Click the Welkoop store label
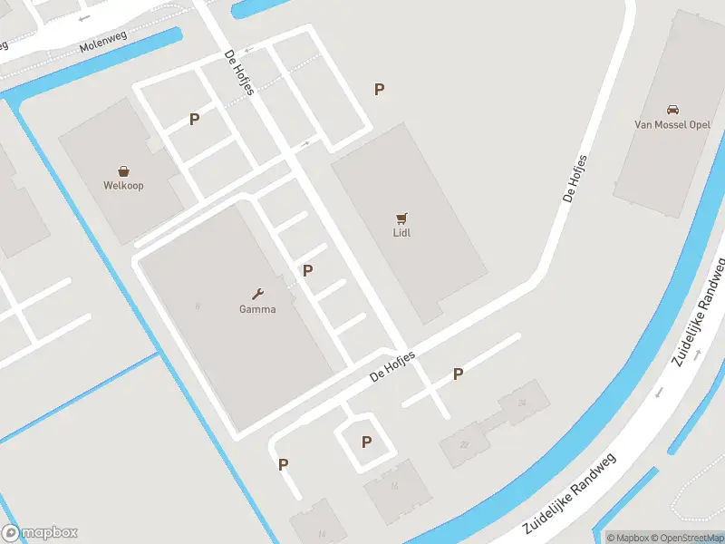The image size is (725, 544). coord(123,185)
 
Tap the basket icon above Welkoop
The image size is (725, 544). coord(123,170)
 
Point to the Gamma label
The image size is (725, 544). coord(257,308)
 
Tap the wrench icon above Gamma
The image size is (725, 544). coord(257,293)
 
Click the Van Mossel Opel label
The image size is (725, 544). coord(672,124)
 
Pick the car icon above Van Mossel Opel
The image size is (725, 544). coord(672,109)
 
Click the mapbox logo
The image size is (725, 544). coord(41,533)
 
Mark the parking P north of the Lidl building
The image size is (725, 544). coord(380,89)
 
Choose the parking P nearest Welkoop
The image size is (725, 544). coord(194,119)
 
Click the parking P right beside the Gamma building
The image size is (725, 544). coord(308,270)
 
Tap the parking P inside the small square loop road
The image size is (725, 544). coord(366,442)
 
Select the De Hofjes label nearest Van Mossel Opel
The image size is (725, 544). coord(575,178)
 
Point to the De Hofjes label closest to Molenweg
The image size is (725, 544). coord(239,72)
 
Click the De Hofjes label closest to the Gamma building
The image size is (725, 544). coord(393,365)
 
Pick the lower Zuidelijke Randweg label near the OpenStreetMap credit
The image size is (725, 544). coord(569,495)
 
